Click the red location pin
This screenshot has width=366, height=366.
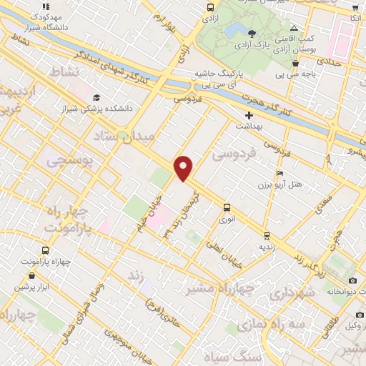[184, 167]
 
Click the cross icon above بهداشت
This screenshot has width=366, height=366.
[249, 115]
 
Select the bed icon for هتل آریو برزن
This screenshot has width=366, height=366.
[280, 174]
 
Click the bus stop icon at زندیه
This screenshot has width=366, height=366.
[267, 234]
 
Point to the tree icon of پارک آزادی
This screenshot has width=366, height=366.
[252, 33]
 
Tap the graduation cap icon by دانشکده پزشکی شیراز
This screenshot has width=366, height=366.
[96, 98]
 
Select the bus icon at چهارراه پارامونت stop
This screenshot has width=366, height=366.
[46, 250]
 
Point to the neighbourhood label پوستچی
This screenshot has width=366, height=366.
[69, 162]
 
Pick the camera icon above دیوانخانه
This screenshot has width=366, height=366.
[352, 280]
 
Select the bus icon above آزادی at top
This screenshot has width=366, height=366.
[210, 8]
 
